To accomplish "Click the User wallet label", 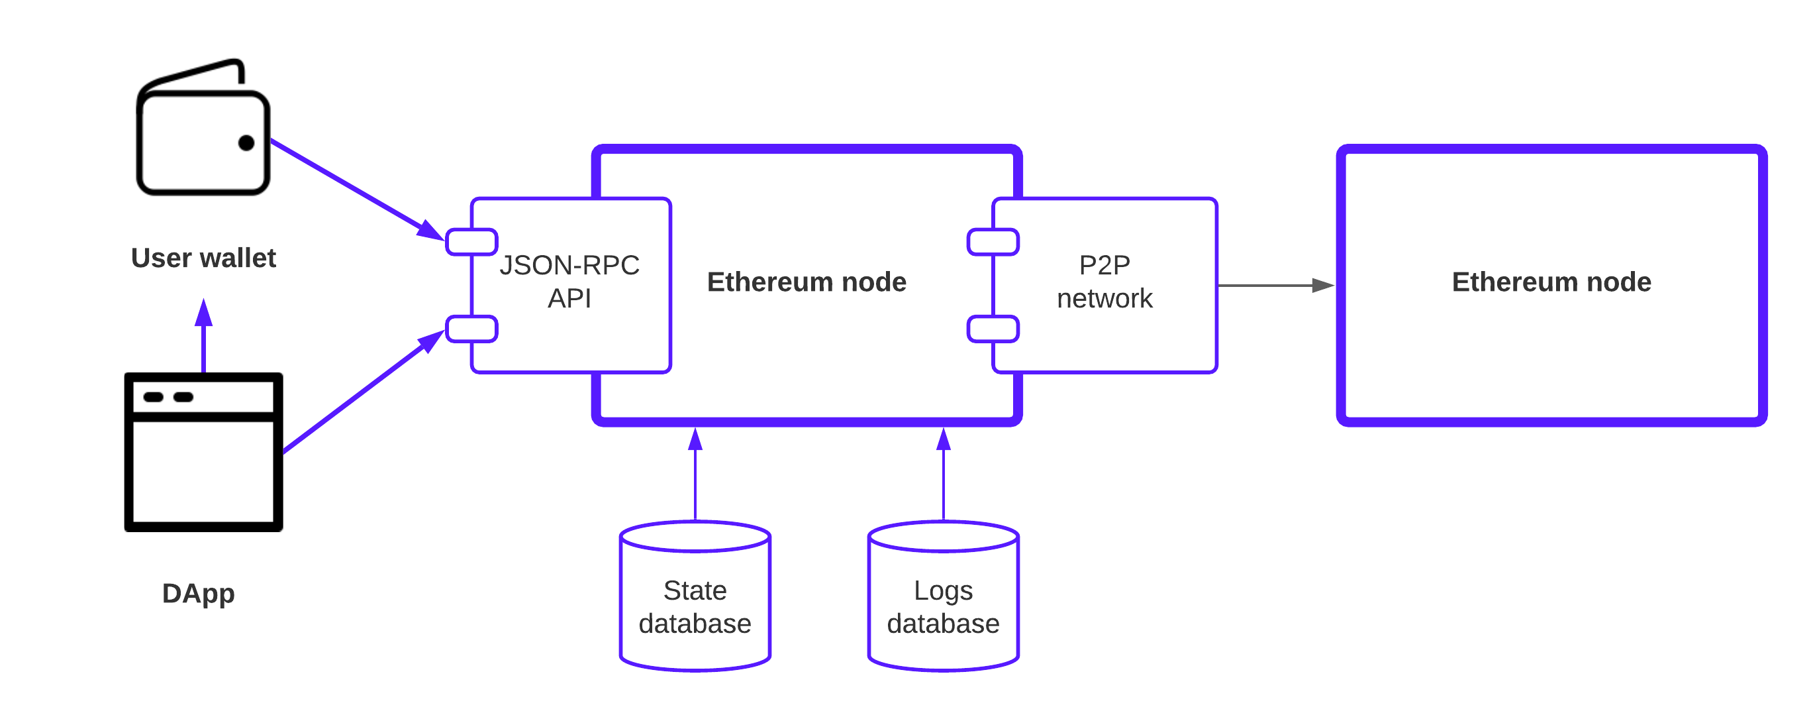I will click(203, 258).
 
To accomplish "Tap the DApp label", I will click(198, 594).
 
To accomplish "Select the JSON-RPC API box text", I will click(569, 281).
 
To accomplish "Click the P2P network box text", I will click(1104, 281).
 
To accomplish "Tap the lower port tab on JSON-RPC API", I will click(471, 329).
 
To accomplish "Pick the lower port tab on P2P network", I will click(993, 329).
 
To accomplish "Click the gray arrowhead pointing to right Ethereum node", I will click(1323, 285).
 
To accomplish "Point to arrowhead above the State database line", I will click(695, 439).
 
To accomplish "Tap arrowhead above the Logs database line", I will click(943, 439).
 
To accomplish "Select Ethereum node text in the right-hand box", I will click(1551, 282).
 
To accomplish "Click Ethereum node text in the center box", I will click(807, 282).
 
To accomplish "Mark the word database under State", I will click(695, 624).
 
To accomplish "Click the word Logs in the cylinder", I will click(943, 590).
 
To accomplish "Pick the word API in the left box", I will click(569, 298).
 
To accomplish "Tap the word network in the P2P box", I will click(1104, 298).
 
